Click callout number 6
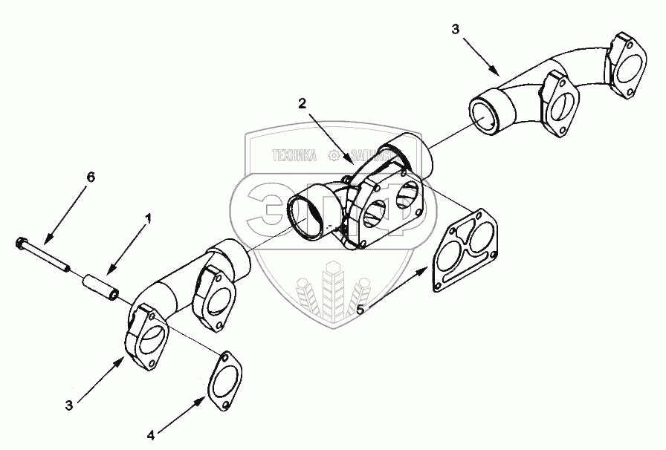click(x=91, y=177)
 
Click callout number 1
click(x=149, y=219)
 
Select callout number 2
click(x=303, y=103)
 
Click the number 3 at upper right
click(x=456, y=30)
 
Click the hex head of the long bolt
click(x=21, y=243)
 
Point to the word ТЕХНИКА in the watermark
click(x=295, y=156)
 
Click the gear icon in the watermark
click(x=334, y=156)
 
